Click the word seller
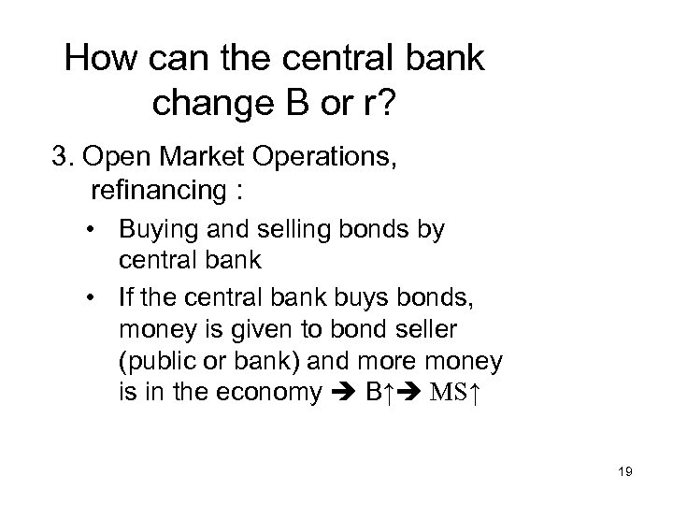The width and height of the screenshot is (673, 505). (x=412, y=328)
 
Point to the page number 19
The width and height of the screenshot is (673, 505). (x=625, y=473)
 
